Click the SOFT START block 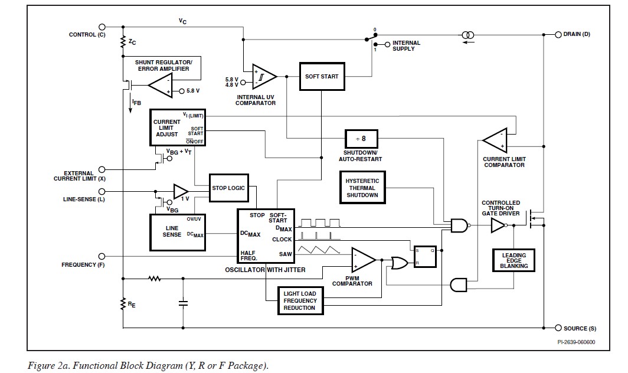pos(321,76)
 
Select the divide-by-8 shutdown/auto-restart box pos(361,139)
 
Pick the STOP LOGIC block pos(228,188)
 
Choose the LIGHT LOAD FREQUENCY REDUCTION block pos(299,300)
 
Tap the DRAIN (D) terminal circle pos(558,34)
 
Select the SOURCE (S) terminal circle pos(558,328)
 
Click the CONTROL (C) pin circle pos(102,27)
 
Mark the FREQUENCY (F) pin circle pos(102,256)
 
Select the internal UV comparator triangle pos(264,76)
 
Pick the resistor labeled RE pos(123,305)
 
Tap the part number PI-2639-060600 pos(575,342)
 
